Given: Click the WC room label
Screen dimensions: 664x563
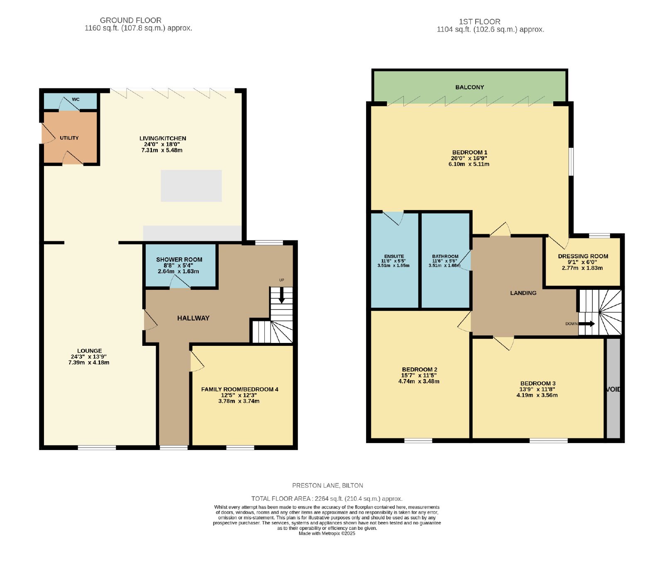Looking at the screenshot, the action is coord(76,100).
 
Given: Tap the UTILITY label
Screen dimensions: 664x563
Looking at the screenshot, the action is coord(69,138).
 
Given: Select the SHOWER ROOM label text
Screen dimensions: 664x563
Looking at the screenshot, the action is coord(179,259).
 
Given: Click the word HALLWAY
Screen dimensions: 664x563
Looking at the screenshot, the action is coord(193,318).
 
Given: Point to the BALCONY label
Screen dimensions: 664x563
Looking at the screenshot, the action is coord(470,87).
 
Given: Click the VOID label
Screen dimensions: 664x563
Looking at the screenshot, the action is coord(613,389).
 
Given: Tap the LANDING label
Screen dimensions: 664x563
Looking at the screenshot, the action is coord(523,293).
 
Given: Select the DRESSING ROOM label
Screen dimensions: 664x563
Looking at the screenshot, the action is coord(583,256).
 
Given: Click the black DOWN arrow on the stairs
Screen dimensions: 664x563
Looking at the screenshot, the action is coord(587,324).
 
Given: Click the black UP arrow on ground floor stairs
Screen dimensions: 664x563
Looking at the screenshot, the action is coord(281,295).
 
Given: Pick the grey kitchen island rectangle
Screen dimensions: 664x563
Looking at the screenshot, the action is coord(191,186).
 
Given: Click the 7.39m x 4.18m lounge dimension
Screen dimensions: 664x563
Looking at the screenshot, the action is coord(89,362).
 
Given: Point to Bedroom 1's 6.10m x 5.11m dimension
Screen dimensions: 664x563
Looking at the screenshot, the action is coord(469,164).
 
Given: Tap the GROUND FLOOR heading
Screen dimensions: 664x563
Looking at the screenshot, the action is coord(131,20).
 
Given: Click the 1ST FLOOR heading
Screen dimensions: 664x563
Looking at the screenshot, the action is coord(480,22).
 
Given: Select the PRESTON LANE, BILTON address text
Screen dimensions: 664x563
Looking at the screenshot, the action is coord(328,485).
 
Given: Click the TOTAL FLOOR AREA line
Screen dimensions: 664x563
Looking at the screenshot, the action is coord(327,499).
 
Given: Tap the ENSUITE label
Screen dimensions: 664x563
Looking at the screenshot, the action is coord(394,257).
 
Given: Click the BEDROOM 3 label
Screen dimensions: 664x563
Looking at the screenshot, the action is coord(538,384).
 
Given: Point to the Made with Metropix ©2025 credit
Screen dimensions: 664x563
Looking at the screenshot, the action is coord(327,534).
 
